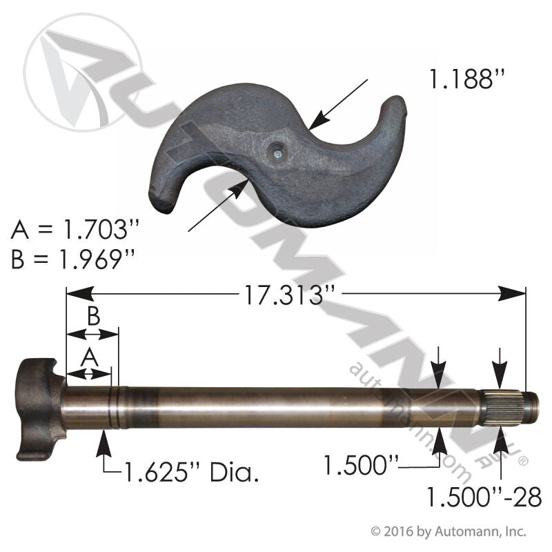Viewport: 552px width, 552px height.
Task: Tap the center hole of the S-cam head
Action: pyautogui.click(x=276, y=148)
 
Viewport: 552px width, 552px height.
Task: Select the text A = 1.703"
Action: pyautogui.click(x=72, y=230)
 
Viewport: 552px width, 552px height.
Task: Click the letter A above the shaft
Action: pyautogui.click(x=88, y=357)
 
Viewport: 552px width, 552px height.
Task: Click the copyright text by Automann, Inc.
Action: pyautogui.click(x=448, y=531)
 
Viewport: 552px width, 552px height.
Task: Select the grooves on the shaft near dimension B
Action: pyautogui.click(x=115, y=407)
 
